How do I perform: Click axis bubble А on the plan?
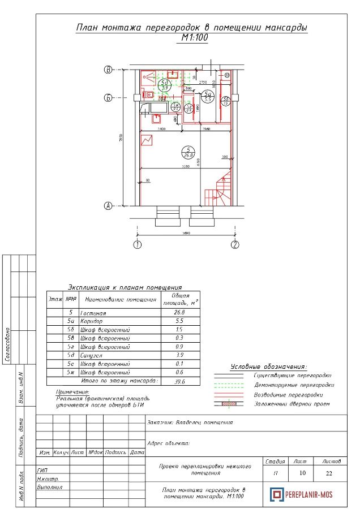pyautogui.click(x=108, y=206)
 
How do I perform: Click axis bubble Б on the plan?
pyautogui.click(x=108, y=98)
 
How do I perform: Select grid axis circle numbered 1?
pyautogui.click(x=137, y=245)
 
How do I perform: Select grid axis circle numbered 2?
pyautogui.click(x=235, y=245)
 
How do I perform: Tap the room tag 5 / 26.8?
pyautogui.click(x=187, y=152)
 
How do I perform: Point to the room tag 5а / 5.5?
pyautogui.click(x=208, y=96)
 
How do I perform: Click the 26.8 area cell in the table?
pyautogui.click(x=180, y=312)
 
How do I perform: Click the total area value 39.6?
pyautogui.click(x=180, y=381)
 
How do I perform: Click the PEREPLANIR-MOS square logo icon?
pyautogui.click(x=276, y=494)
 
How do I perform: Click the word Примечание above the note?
pyautogui.click(x=72, y=391)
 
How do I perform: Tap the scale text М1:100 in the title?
pyautogui.click(x=194, y=38)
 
